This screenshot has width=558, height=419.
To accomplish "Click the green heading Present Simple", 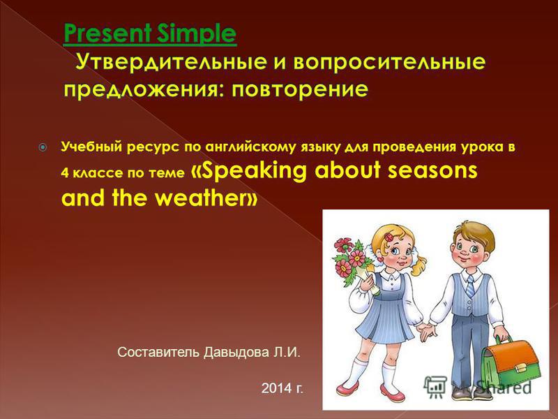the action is (x=150, y=34).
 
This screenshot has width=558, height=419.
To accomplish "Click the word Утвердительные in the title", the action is (x=170, y=61).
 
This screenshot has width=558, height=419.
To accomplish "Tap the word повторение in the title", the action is (x=300, y=89).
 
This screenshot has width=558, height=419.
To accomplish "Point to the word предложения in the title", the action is (x=145, y=90).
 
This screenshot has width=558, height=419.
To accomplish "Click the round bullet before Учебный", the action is (x=43, y=147).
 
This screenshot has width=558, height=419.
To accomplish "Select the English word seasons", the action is (x=432, y=170).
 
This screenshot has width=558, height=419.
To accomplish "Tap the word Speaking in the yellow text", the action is (x=255, y=171).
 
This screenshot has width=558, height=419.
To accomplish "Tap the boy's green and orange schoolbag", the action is (x=511, y=362).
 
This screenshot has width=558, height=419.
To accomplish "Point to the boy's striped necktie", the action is (x=470, y=285).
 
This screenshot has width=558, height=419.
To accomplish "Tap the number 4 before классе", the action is (x=65, y=173).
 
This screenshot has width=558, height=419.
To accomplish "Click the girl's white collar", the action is (x=391, y=276).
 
